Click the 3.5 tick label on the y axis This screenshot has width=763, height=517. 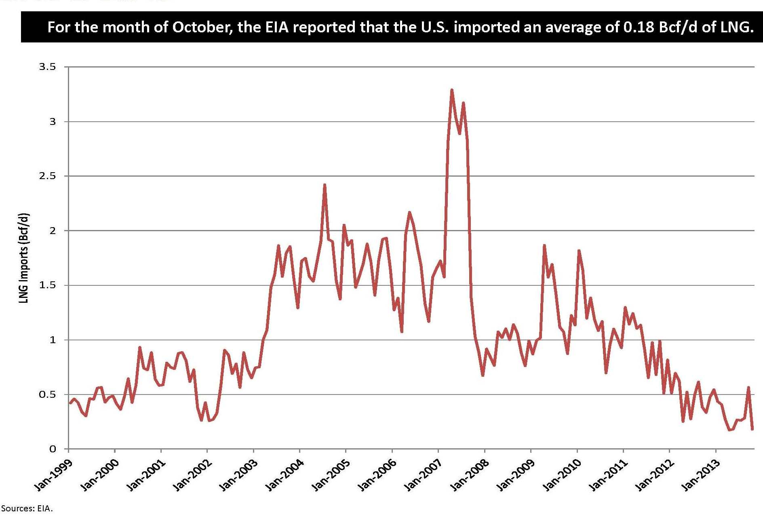[x=47, y=67]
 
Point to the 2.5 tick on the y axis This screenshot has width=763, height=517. [x=47, y=176]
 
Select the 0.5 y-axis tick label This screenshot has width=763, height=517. [x=47, y=395]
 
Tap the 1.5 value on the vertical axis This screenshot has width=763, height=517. [x=47, y=285]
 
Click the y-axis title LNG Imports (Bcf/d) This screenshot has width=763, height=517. [x=24, y=258]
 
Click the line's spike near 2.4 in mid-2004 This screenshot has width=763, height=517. [x=324, y=185]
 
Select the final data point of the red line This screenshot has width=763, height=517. [x=752, y=429]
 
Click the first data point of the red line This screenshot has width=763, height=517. [x=70, y=403]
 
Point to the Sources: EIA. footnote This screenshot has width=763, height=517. [x=27, y=509]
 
